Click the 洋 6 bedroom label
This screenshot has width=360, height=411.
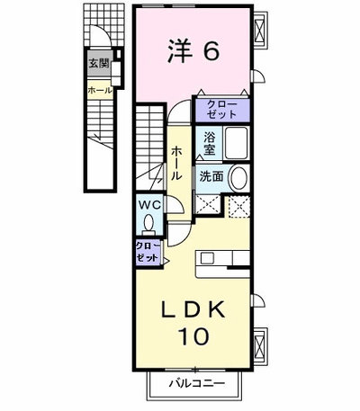coord(193,50)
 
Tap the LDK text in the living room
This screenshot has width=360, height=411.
coord(193,309)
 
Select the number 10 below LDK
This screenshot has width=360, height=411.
coord(193,335)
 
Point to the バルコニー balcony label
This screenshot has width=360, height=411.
coord(196,383)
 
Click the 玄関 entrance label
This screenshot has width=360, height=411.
coord(99,64)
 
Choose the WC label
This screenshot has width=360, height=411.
coord(149,205)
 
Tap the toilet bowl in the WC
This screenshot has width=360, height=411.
coord(148,223)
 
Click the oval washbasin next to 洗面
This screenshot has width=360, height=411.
coord(238,178)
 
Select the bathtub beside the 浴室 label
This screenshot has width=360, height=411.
coord(237,143)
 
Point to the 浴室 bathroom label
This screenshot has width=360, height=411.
coord(209,144)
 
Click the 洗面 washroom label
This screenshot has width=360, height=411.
coord(211,177)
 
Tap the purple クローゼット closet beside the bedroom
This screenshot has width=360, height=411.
coord(222,110)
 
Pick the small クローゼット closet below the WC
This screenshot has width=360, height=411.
coord(148,252)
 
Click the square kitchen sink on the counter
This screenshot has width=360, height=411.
coord(207,257)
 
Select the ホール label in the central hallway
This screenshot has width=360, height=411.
coord(176,163)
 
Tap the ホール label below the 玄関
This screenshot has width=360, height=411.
coord(100,90)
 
